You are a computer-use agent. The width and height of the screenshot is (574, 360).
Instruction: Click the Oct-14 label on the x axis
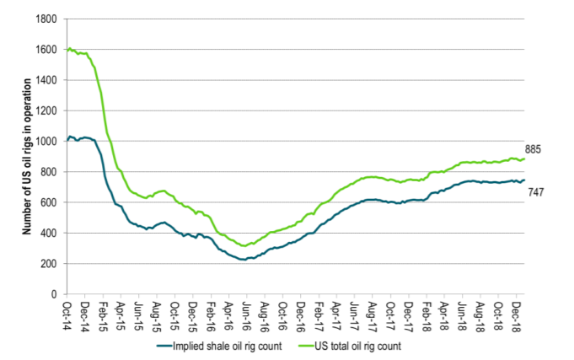point(67,312)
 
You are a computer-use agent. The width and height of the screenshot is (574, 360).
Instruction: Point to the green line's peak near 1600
point(69,48)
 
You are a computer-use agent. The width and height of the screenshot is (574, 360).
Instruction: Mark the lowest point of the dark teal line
point(244,260)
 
